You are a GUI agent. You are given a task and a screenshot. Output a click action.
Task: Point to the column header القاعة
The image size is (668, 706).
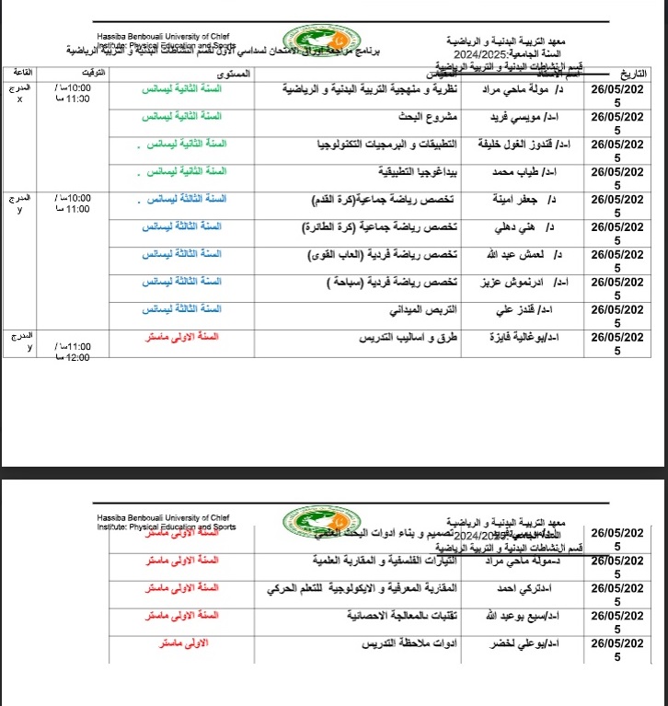pyautogui.click(x=21, y=71)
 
